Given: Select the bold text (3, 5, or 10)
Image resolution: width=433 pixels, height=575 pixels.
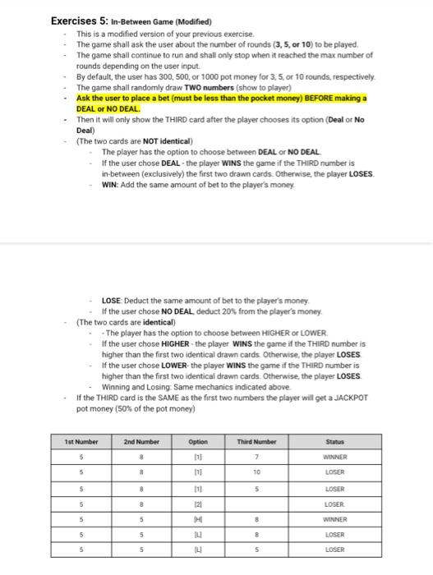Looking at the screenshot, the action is [x=286, y=45].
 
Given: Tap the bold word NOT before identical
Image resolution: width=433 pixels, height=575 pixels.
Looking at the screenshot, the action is [x=152, y=140].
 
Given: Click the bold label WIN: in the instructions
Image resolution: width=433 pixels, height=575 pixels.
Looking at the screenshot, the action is [x=110, y=186].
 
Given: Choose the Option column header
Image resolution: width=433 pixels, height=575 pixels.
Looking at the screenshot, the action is [x=198, y=441].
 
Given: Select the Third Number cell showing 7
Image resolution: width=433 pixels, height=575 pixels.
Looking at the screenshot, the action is [x=258, y=457].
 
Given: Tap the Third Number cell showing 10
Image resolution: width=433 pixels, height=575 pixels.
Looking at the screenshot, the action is [x=258, y=473].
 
